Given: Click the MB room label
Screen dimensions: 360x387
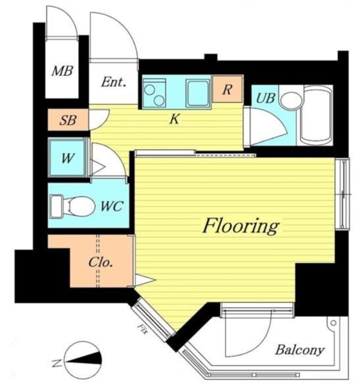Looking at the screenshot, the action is (62, 71).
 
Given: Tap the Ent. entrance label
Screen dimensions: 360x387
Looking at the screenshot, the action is (113, 82).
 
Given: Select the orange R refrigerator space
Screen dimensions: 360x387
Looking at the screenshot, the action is (227, 89).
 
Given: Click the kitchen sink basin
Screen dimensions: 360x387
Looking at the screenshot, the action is (198, 93).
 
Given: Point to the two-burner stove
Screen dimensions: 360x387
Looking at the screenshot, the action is (154, 93).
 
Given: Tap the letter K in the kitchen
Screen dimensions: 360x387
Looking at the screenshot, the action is (175, 120).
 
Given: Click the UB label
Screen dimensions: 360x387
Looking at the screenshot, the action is (266, 98).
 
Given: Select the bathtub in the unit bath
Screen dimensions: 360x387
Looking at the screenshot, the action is (316, 115).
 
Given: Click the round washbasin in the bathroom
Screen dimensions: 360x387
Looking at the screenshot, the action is (292, 101).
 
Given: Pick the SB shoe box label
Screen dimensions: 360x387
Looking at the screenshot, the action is (68, 120).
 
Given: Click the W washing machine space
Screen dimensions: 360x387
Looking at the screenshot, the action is (68, 157).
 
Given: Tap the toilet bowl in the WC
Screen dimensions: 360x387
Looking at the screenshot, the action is (79, 206).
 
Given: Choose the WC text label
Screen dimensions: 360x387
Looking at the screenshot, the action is (111, 206).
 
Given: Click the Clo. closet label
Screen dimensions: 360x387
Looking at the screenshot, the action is (101, 262).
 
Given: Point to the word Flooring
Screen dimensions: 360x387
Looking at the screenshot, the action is (241, 226).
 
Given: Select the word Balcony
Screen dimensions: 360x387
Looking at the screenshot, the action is (299, 350).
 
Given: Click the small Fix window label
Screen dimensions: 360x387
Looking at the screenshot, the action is (143, 329).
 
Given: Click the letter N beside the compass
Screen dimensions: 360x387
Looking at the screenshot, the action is (56, 363).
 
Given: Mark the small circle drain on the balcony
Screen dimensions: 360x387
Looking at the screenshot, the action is (333, 322).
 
